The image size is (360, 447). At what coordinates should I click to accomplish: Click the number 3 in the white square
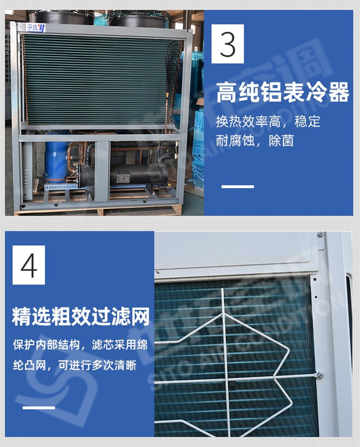pos(228,44)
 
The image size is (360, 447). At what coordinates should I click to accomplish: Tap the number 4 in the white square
pos(29,265)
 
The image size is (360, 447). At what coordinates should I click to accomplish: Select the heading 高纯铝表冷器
pos(282,93)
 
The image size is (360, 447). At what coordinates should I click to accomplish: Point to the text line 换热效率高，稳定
pos(267,121)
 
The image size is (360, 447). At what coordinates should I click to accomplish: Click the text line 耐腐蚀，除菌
pos(254,141)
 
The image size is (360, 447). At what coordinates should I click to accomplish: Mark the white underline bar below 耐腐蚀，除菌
pos(238,186)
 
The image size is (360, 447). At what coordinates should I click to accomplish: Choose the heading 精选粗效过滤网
pos(81,317)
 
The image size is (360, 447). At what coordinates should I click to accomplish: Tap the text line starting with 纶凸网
pos(74,365)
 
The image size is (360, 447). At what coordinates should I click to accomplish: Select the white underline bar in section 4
pos(39,408)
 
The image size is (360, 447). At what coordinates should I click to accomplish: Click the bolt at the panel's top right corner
pos(320,235)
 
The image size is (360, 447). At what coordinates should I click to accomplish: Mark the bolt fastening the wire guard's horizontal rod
pos(320,375)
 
